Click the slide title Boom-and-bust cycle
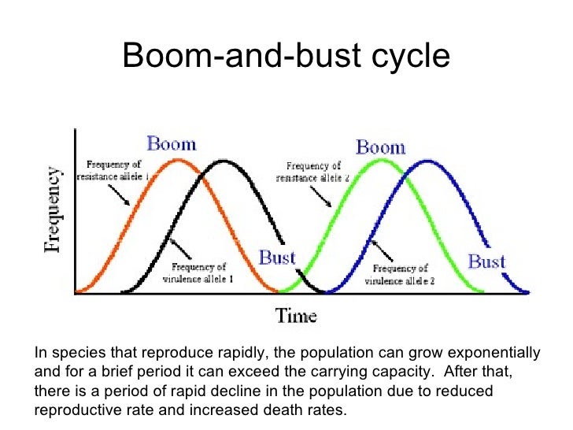coord(286,56)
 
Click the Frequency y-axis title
coord(52,208)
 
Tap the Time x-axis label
coord(295,316)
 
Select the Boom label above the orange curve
coord(171,144)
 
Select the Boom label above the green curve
coord(381,146)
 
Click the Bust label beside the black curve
coord(277,258)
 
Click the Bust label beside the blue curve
coord(486,261)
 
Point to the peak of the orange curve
coord(179,160)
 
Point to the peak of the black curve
coord(225,161)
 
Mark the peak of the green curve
coord(382,161)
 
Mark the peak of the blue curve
coord(427,161)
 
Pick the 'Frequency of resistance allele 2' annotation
coord(312,171)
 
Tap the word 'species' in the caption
coord(75,352)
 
